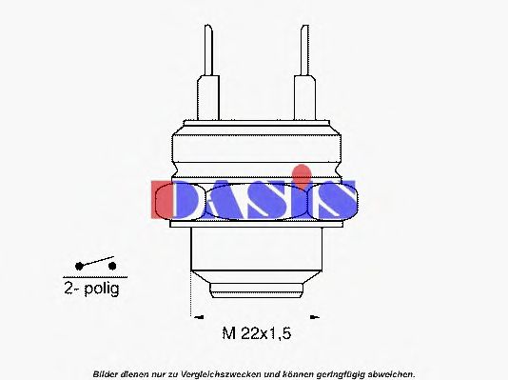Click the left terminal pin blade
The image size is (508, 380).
point(208,50)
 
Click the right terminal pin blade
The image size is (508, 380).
point(304,50)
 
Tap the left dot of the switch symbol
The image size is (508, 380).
point(79,267)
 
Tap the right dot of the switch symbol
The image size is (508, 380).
point(112,267)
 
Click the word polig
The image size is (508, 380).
point(102,289)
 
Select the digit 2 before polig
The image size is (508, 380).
point(68,288)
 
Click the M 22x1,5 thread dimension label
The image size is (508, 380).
point(257,333)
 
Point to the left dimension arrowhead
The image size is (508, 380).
point(198,317)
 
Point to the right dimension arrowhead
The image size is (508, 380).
point(315,317)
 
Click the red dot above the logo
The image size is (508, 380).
point(302,175)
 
